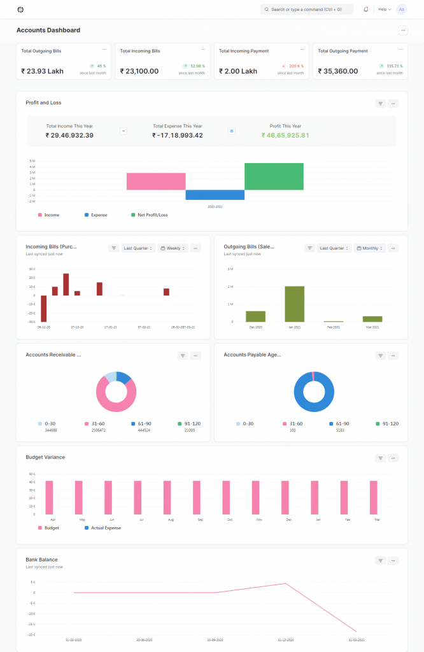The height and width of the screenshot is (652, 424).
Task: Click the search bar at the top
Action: pyautogui.click(x=307, y=10)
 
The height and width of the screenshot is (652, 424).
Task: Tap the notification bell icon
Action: pyautogui.click(x=366, y=10)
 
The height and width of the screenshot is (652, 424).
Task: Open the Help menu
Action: pyautogui.click(x=384, y=10)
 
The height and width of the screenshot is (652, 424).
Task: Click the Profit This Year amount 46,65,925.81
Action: pyautogui.click(x=285, y=135)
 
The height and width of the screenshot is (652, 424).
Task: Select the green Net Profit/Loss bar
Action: pyautogui.click(x=274, y=176)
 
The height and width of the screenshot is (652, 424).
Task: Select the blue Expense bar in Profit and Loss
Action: pyautogui.click(x=215, y=195)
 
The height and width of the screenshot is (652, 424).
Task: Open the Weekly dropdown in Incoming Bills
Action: pyautogui.click(x=174, y=248)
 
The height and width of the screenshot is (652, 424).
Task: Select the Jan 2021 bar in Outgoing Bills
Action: pyautogui.click(x=294, y=304)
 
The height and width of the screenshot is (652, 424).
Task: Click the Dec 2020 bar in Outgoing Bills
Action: pyautogui.click(x=255, y=316)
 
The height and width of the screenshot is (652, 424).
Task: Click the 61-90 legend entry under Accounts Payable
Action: pyautogui.click(x=341, y=423)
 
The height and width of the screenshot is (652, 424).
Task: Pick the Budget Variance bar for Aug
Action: pyautogui.click(x=167, y=497)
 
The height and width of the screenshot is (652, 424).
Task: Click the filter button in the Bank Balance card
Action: pyautogui.click(x=380, y=560)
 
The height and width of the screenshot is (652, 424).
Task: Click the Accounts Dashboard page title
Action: pyautogui.click(x=48, y=30)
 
